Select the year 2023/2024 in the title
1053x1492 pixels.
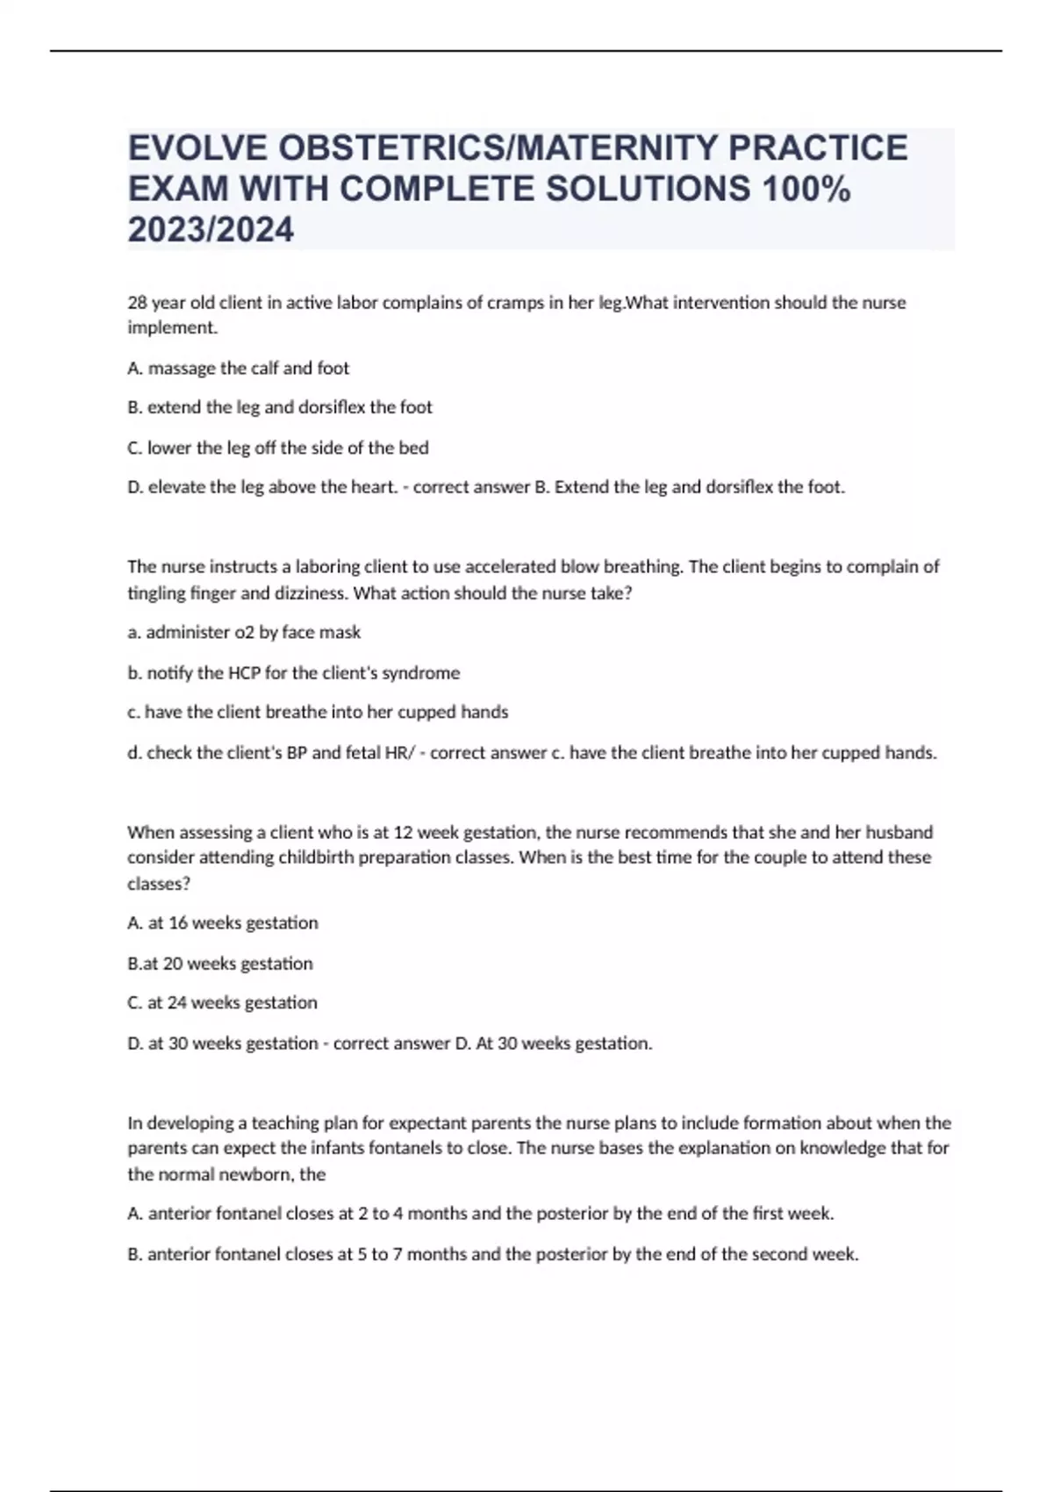(211, 230)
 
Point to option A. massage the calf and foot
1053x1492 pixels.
(238, 368)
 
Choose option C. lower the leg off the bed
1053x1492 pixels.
(277, 448)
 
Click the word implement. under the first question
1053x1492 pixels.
(172, 327)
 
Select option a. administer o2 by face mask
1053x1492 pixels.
(244, 632)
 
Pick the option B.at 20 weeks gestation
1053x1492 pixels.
(219, 963)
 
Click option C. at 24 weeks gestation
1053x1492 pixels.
(222, 1002)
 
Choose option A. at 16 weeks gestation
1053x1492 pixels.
(222, 922)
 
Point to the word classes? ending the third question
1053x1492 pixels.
(159, 884)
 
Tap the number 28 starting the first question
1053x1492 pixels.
(138, 303)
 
